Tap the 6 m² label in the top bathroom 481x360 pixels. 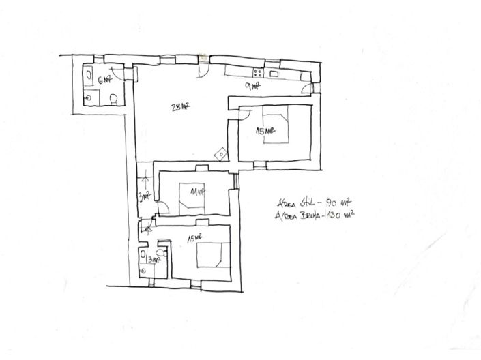coord(105,80)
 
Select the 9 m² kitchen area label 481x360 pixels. coord(253,87)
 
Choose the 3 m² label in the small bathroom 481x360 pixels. coord(154,258)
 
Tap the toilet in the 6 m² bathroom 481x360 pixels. coord(115,100)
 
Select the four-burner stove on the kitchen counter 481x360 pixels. coord(259,73)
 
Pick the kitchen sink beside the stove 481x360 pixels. coord(274,73)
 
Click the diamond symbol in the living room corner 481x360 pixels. coord(219,155)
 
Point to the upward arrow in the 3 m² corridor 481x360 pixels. coord(145,179)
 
